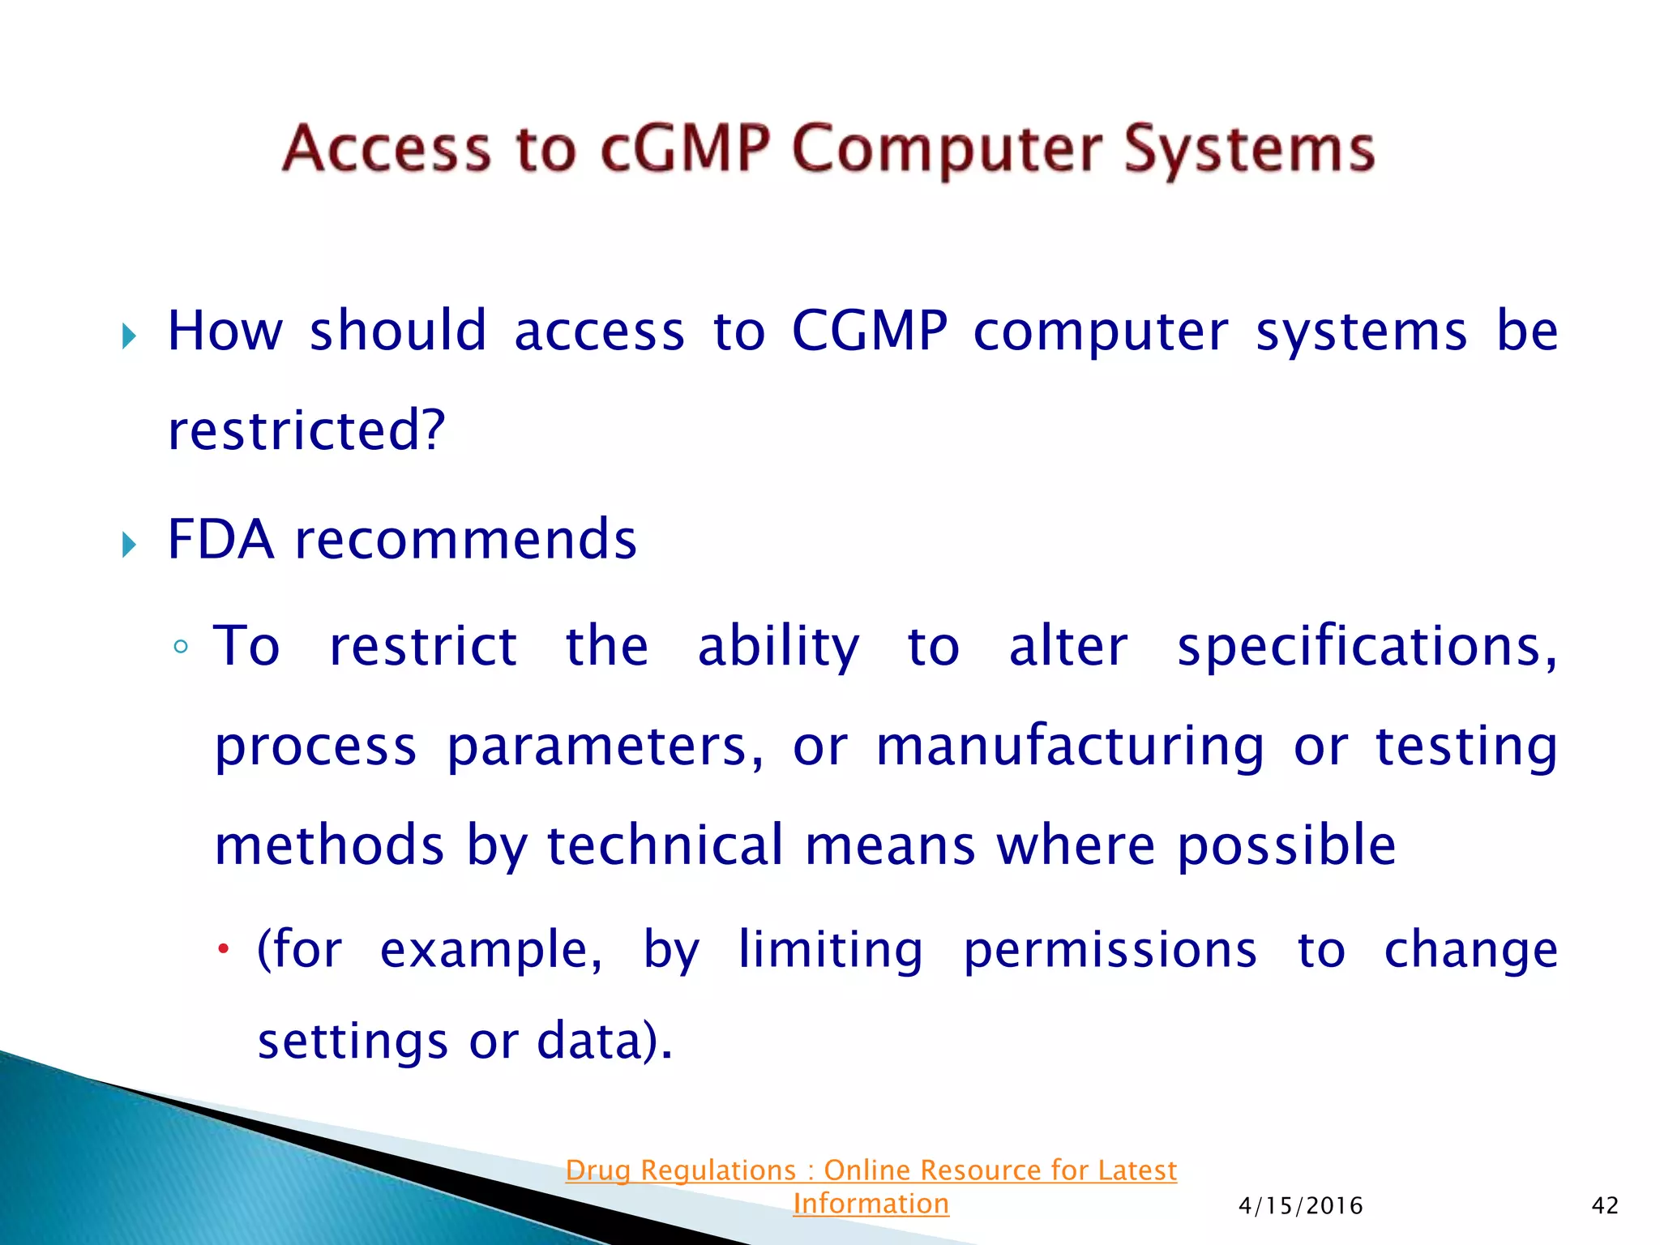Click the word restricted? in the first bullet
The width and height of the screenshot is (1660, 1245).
pos(306,430)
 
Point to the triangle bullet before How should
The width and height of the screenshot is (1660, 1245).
pos(129,336)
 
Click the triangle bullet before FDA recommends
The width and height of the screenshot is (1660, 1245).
pos(129,544)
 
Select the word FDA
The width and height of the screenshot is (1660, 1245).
pos(220,540)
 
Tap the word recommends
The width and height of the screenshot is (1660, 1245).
pos(466,540)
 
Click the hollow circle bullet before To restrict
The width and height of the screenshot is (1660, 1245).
pos(181,647)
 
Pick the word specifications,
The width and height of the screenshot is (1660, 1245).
pos(1367,647)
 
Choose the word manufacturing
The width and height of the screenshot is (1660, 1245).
pos(1070,746)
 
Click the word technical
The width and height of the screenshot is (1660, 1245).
pos(665,845)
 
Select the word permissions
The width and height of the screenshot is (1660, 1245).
pos(1110,950)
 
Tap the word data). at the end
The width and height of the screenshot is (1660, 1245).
pos(605,1041)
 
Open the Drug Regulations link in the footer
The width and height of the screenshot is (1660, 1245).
pos(871,1170)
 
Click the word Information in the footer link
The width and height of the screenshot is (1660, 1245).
pos(871,1204)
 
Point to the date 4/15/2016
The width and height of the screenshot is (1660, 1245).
pos(1300,1206)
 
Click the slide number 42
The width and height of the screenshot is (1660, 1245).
pos(1605,1206)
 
